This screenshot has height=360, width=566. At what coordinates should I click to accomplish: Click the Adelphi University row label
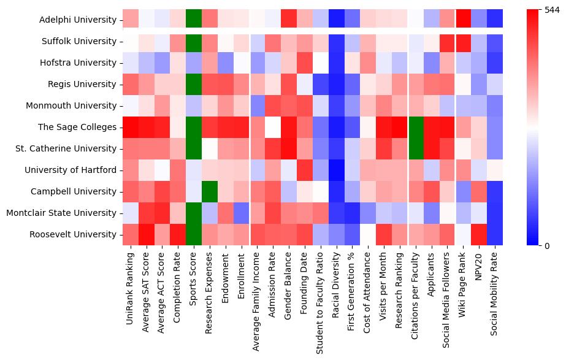[78, 20]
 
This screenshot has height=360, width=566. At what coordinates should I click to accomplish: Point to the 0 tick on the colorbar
[540, 245]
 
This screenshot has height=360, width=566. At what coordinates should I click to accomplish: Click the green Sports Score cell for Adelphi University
[194, 19]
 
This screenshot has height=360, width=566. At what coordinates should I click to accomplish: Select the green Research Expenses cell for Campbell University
[210, 191]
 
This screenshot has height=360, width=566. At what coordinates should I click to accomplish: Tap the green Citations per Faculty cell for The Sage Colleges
[417, 127]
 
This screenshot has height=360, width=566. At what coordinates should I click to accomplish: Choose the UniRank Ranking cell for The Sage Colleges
[130, 127]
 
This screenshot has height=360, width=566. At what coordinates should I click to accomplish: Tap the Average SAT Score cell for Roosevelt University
[146, 234]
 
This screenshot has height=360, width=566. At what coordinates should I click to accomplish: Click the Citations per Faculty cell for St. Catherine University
[417, 148]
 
